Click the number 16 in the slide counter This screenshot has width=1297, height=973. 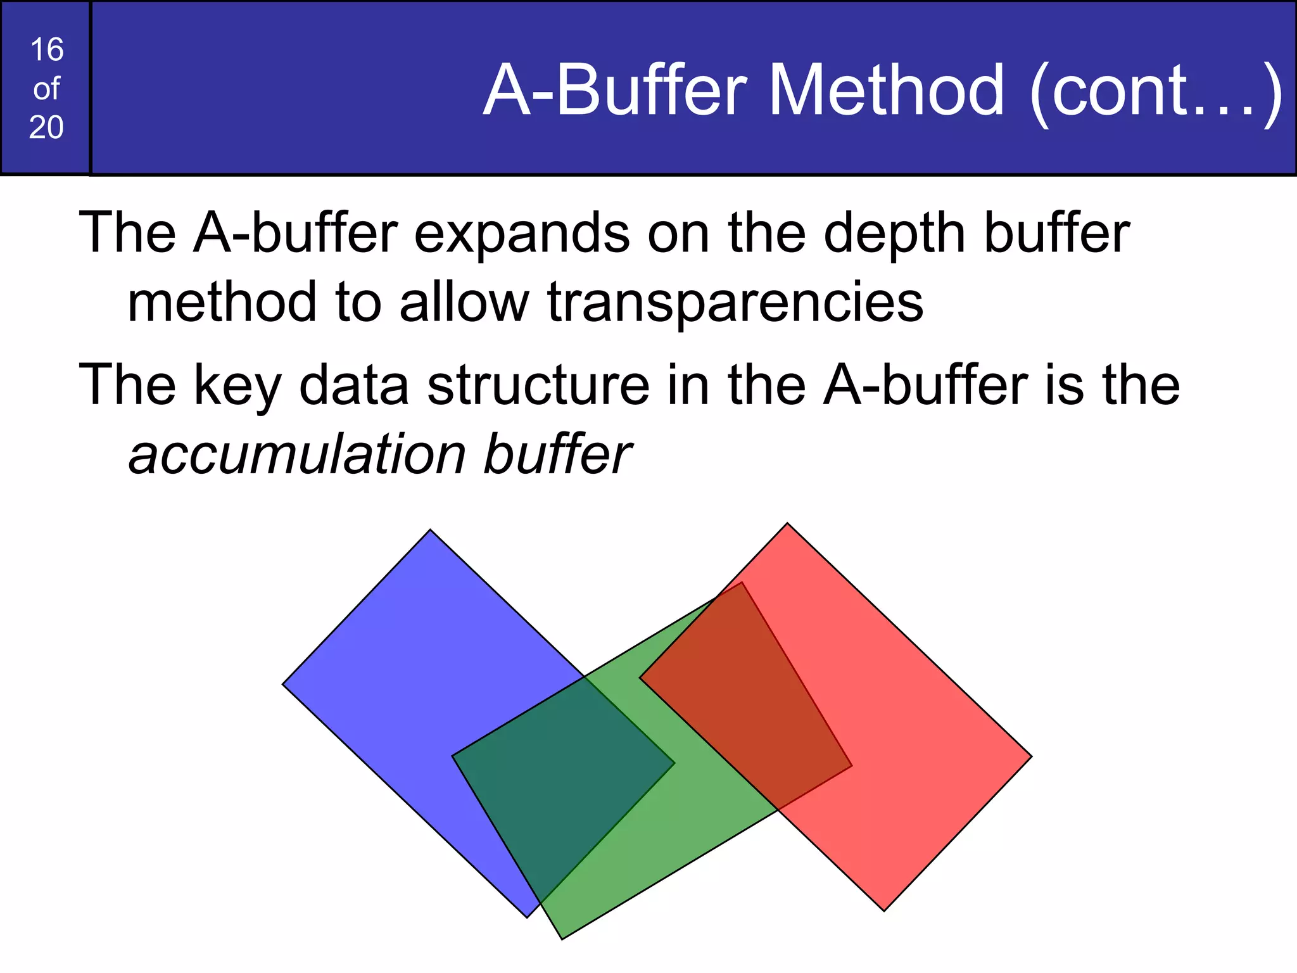tap(46, 50)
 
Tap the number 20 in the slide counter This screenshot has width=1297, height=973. tap(46, 127)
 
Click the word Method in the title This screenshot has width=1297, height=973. tap(886, 91)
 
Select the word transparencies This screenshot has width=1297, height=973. tap(735, 303)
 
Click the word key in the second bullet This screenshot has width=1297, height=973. tap(237, 386)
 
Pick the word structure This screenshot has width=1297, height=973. tap(538, 386)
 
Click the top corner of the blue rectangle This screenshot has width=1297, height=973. tap(431, 531)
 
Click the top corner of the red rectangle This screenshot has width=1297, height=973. tap(787, 525)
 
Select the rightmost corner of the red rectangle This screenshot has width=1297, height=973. tap(1030, 756)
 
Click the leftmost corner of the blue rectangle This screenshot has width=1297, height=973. tap(284, 684)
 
